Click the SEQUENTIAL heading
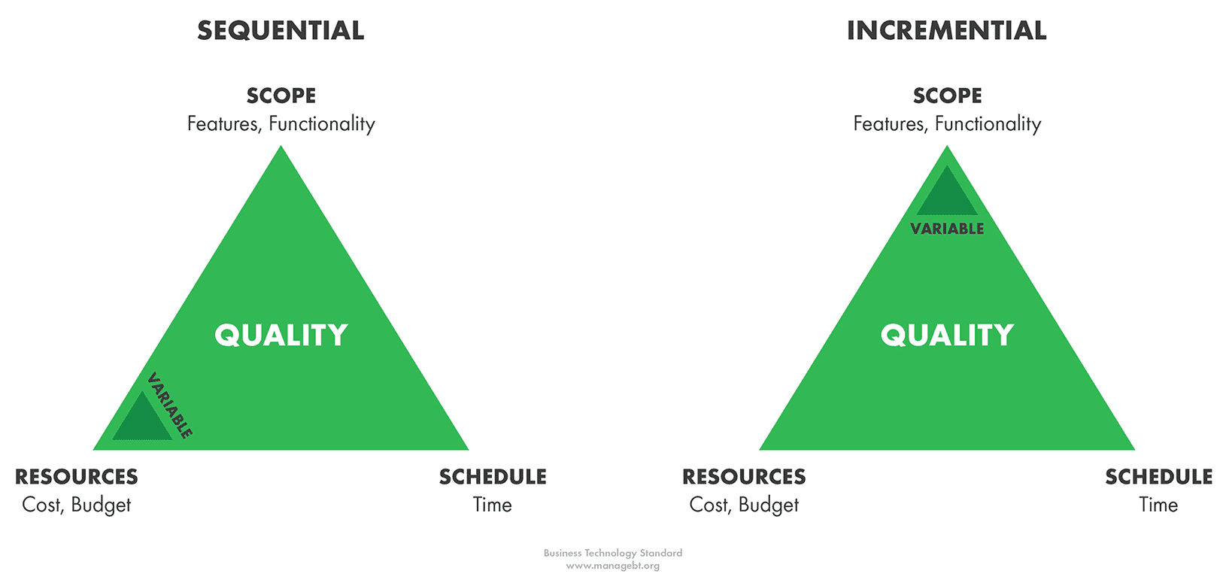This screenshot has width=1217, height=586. pos(281,30)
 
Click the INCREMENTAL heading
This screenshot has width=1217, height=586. pos(946,30)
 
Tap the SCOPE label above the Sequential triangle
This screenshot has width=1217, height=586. pos(281,96)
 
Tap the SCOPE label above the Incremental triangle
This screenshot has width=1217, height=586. pos(947,96)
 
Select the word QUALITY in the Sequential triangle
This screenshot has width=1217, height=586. pos(281,335)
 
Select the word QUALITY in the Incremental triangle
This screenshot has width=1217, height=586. pos(947,335)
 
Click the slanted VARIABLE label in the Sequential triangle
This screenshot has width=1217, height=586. pos(169,405)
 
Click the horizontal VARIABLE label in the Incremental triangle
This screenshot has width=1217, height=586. pos(947,229)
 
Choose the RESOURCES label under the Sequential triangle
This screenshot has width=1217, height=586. pos(76,477)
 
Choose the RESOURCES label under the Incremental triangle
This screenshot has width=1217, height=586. pos(744,477)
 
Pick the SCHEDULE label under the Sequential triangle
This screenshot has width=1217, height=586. pos(493,477)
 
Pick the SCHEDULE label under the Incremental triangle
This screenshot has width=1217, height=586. pos(1159,477)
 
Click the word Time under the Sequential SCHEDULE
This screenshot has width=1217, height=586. pos(492,505)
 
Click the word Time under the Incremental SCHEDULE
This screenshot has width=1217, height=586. pos(1158,505)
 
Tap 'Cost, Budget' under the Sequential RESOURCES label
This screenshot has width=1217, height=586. pos(76,506)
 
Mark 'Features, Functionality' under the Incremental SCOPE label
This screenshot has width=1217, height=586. pos(947,124)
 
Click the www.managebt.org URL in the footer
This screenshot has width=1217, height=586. pos(613,566)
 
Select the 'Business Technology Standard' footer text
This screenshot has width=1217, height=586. pos(613,554)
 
